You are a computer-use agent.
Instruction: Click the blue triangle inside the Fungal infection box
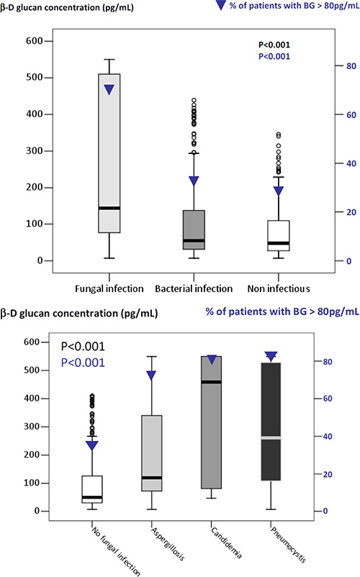(x=109, y=89)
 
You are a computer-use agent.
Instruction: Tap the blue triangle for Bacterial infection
(x=194, y=181)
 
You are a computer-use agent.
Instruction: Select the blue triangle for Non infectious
(x=279, y=191)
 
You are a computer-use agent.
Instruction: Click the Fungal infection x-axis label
(x=109, y=288)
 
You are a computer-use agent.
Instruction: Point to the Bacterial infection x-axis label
(x=194, y=288)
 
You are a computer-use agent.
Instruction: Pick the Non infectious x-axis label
(x=279, y=288)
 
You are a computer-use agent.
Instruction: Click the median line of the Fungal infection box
(x=109, y=208)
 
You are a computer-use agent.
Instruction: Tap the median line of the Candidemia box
(x=211, y=382)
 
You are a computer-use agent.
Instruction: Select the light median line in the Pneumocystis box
(x=271, y=437)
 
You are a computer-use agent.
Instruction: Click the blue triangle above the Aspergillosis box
(x=151, y=376)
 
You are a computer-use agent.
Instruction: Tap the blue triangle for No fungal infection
(x=91, y=445)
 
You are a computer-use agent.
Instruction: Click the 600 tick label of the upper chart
(x=35, y=41)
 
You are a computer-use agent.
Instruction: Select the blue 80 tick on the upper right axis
(x=351, y=66)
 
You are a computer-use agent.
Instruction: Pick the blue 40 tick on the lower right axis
(x=328, y=437)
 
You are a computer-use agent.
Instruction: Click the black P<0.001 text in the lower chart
(x=83, y=346)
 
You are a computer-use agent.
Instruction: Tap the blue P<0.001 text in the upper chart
(x=274, y=56)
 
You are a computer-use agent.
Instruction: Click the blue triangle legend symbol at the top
(x=220, y=5)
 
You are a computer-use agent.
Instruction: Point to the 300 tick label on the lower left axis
(x=32, y=427)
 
